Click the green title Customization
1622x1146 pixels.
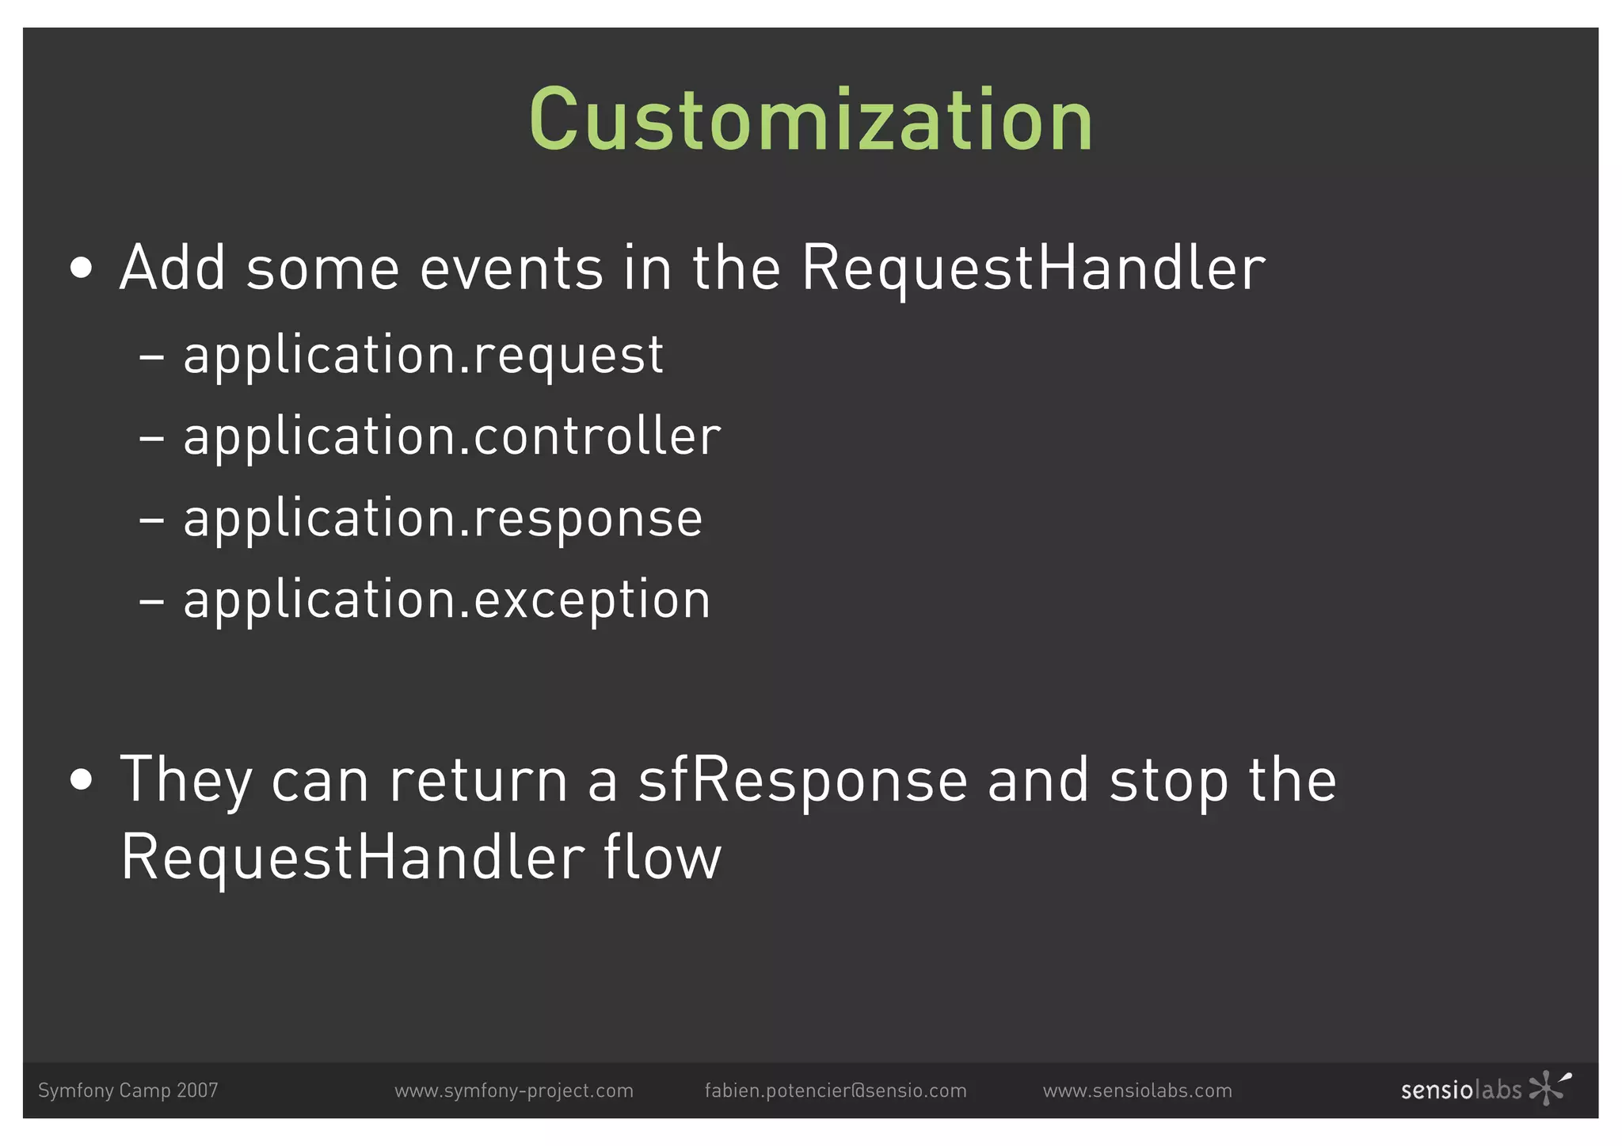[811, 120]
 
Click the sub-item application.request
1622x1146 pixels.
[423, 356]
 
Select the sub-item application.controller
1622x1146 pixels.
[451, 437]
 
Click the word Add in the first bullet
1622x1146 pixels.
[172, 268]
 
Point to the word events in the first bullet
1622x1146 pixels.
[511, 268]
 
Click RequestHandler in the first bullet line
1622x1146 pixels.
[1033, 268]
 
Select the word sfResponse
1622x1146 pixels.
[802, 781]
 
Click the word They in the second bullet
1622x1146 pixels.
[185, 781]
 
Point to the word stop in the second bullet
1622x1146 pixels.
[1168, 781]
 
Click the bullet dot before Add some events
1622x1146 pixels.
[81, 269]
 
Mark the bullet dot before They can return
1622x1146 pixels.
[81, 781]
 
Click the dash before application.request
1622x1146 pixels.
[151, 357]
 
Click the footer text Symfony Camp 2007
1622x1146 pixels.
[128, 1091]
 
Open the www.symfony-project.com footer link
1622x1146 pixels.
[514, 1091]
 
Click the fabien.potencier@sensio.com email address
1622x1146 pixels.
[836, 1091]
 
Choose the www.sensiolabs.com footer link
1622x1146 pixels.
[1137, 1091]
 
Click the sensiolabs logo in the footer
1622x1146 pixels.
[1484, 1089]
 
